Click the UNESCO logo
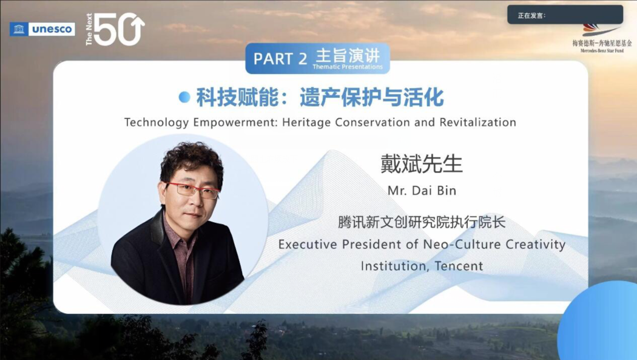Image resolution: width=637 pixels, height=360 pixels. tap(42, 29)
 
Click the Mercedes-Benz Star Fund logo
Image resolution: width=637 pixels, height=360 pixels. tap(602, 38)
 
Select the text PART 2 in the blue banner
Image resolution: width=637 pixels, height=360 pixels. tap(280, 59)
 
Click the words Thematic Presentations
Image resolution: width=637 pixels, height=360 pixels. tap(348, 67)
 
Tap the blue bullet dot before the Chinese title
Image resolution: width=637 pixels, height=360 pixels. tap(184, 97)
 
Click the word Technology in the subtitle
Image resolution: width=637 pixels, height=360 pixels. tap(157, 122)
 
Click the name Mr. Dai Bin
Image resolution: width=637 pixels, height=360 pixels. tap(422, 191)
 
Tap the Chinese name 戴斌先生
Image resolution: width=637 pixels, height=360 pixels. tap(421, 163)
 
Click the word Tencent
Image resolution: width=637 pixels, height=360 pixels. tap(459, 266)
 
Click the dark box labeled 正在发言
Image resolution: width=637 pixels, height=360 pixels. tap(565, 15)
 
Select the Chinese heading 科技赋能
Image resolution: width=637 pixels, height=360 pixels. tap(237, 98)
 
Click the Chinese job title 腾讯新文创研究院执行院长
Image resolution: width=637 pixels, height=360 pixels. tap(422, 222)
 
